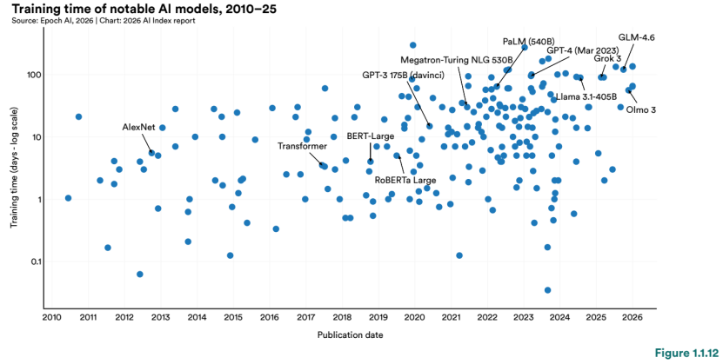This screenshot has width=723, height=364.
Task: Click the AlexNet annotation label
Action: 138,127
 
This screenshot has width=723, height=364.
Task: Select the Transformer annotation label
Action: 302,146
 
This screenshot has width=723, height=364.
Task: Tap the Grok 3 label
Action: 608,58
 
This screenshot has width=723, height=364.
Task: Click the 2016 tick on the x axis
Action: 268,317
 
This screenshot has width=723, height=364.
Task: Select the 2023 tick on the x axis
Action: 523,317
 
